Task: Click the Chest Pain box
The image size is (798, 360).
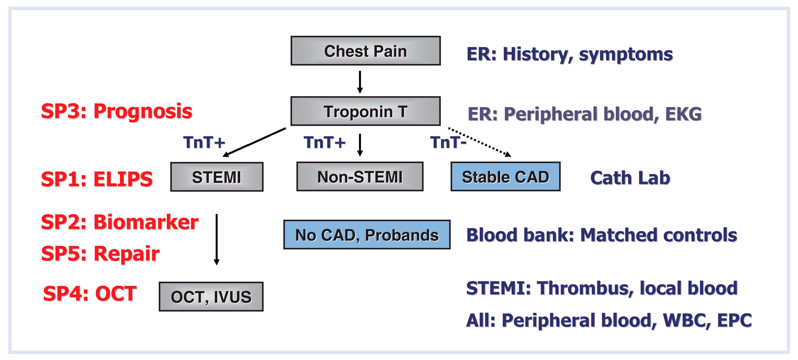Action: (x=366, y=51)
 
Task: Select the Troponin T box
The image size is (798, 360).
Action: (x=366, y=111)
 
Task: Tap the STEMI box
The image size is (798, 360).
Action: (x=217, y=177)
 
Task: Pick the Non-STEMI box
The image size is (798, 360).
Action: (x=360, y=177)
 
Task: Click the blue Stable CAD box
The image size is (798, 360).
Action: (x=505, y=177)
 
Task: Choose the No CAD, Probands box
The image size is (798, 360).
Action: (x=367, y=235)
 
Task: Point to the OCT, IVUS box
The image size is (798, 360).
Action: (x=211, y=297)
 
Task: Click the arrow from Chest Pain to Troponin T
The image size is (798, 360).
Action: (x=360, y=82)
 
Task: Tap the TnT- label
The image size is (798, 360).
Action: (x=448, y=142)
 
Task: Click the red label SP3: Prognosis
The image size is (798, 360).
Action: (x=117, y=111)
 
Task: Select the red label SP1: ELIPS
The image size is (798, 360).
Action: (x=97, y=179)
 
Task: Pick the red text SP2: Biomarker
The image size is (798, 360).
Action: (x=119, y=222)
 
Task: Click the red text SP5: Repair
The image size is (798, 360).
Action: (x=100, y=253)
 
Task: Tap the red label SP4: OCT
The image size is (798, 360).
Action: (x=90, y=293)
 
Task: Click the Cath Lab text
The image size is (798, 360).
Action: (x=630, y=178)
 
